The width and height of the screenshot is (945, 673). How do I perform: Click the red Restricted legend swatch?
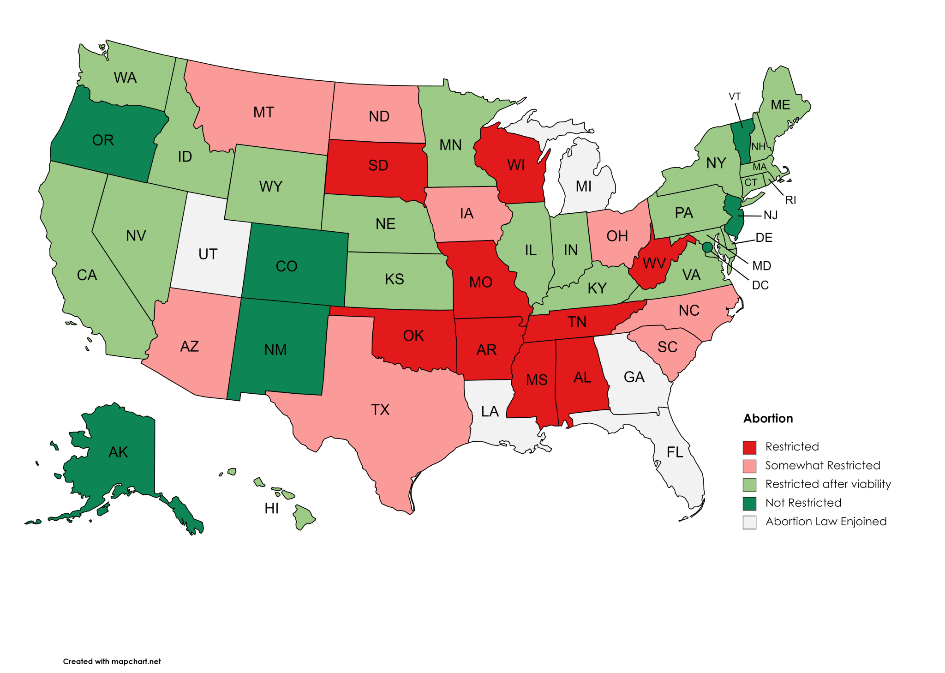coord(749,447)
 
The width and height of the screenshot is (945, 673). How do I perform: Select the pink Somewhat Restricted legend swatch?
coord(749,466)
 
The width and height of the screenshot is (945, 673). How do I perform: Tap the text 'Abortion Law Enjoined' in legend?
coord(825,522)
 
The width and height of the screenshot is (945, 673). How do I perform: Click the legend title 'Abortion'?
coord(768,419)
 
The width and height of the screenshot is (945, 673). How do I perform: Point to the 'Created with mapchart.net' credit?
coord(112,661)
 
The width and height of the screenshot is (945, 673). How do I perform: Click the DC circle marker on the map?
coord(707,247)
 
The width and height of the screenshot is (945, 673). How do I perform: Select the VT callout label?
coord(735,96)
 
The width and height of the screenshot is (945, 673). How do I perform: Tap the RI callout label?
coord(790,200)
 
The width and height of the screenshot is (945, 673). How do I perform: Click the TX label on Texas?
coord(380,410)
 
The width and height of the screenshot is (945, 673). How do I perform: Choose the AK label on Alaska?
coord(118,452)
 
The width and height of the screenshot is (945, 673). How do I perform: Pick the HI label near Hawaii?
coord(271,509)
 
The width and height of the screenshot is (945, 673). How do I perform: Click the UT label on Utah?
coord(208,254)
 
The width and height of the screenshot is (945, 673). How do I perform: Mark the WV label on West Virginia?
coord(654,264)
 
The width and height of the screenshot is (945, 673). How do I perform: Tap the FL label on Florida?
coord(675,452)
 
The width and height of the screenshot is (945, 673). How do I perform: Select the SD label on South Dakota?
coord(378,166)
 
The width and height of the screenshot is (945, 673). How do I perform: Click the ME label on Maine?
coord(780,105)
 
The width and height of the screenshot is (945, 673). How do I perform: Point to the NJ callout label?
coord(771,216)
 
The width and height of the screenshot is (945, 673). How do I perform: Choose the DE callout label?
coord(764,238)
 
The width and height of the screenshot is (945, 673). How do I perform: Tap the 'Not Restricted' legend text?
coord(803,503)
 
